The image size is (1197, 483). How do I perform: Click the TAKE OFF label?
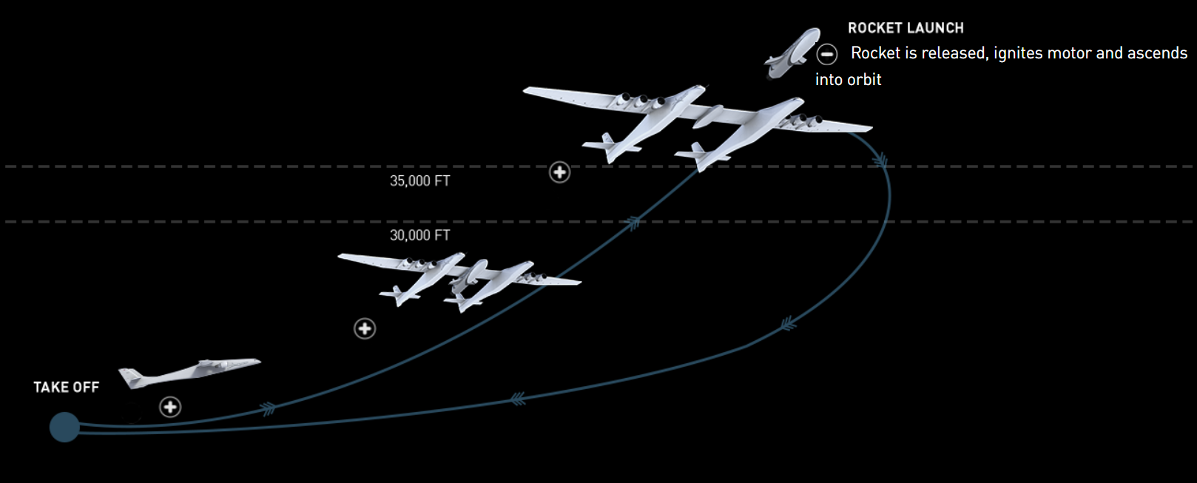[66, 387]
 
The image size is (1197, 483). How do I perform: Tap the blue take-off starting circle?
[64, 428]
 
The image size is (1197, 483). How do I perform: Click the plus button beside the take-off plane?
[170, 407]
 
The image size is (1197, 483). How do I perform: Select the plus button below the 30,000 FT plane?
[365, 328]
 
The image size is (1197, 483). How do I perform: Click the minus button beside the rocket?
[826, 54]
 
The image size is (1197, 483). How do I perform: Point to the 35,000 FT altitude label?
[419, 180]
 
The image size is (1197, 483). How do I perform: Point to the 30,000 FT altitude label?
[419, 235]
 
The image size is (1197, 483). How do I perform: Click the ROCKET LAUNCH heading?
[906, 28]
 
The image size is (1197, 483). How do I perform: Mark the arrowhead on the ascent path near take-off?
[268, 408]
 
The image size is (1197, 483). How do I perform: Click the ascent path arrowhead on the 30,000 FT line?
[633, 222]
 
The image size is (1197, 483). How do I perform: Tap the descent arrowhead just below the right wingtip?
[880, 160]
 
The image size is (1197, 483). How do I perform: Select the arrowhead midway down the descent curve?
[789, 323]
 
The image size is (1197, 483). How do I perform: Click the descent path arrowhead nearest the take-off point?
[518, 399]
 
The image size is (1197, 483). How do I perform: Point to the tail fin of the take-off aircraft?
[131, 377]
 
